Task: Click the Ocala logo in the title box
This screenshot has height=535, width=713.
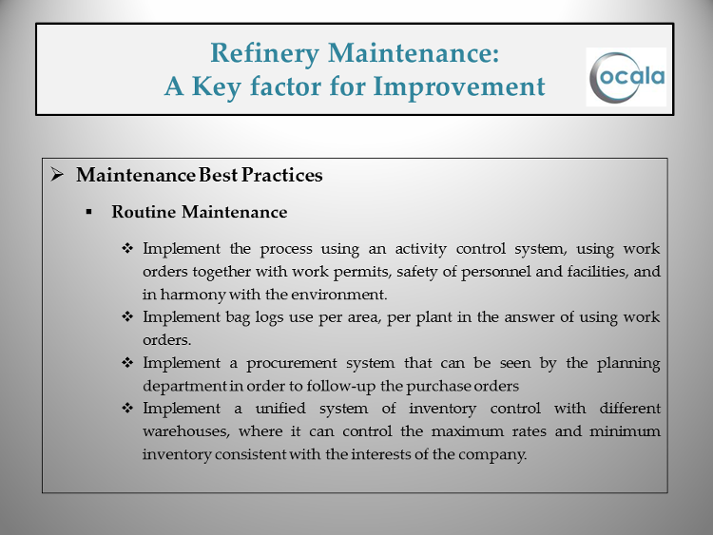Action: coord(626,77)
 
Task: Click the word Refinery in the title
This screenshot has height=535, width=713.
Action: coord(264,53)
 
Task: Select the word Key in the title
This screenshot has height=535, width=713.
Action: coord(217,87)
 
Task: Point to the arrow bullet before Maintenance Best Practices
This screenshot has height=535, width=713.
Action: coord(57,174)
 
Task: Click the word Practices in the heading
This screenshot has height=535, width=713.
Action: coord(282,175)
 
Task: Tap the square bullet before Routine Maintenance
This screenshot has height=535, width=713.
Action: coord(88,212)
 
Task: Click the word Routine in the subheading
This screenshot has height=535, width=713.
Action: coord(144,212)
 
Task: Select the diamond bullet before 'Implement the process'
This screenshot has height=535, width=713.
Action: coord(127,248)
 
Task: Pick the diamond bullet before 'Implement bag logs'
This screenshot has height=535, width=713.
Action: coord(127,316)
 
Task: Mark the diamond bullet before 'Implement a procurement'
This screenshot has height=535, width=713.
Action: coord(127,362)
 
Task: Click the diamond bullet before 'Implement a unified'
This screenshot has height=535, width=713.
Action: coord(127,408)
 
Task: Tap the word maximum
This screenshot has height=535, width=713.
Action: coord(468,430)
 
